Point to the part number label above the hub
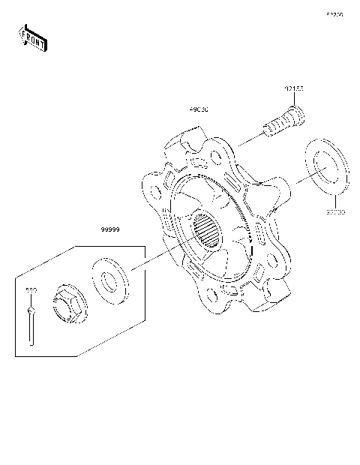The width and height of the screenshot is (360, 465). (x=199, y=109)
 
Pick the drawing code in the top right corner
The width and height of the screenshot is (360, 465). (x=334, y=14)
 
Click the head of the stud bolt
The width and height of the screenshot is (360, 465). (x=296, y=116)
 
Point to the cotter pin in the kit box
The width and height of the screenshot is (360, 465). (x=31, y=322)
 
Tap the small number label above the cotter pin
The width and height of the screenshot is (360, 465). (x=31, y=289)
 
